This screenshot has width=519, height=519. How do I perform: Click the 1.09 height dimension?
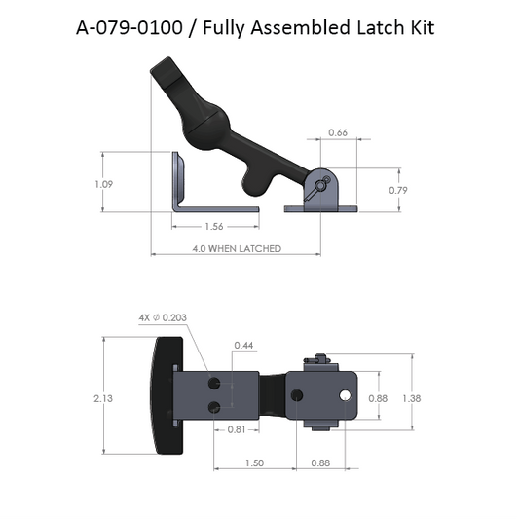[116, 182]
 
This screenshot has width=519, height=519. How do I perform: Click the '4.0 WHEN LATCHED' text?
[238, 248]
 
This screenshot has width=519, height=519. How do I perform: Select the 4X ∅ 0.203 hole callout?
[164, 316]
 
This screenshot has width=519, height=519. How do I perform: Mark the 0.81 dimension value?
[235, 429]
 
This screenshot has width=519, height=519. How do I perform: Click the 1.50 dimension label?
[256, 463]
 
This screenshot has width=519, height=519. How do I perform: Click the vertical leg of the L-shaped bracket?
[178, 179]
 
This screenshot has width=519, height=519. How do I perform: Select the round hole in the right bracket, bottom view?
[346, 395]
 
